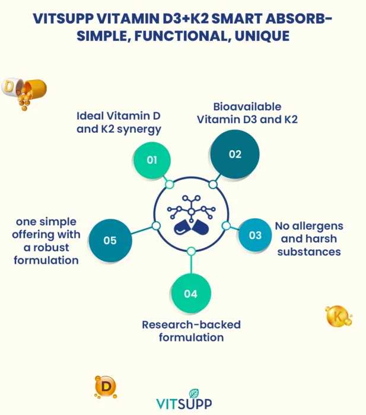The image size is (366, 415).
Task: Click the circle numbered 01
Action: (x=152, y=160)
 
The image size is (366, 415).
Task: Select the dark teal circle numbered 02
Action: (x=235, y=154)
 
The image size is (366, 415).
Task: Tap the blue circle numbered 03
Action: (x=255, y=235)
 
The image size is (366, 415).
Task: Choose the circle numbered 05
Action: (x=110, y=241)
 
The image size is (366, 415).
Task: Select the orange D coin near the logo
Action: (x=106, y=387)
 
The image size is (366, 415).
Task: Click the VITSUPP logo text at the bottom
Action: (x=183, y=404)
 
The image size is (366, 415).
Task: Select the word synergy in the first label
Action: (x=139, y=129)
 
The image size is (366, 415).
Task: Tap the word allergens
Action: (x=322, y=226)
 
